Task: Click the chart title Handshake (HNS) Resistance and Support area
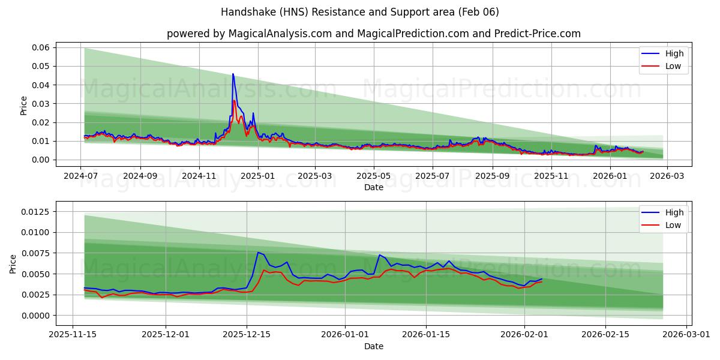pyautogui.click(x=359, y=12)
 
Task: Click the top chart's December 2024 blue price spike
pyautogui.click(x=233, y=74)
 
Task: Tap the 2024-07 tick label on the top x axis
pyautogui.click(x=81, y=176)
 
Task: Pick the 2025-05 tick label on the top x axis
pyautogui.click(x=374, y=176)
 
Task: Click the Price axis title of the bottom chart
pyautogui.click(x=13, y=263)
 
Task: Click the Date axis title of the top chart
pyautogui.click(x=374, y=187)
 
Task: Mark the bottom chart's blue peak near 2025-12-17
pyautogui.click(x=258, y=252)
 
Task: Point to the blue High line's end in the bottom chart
pyautogui.click(x=542, y=279)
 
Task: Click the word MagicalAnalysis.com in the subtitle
pyautogui.click(x=280, y=34)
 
